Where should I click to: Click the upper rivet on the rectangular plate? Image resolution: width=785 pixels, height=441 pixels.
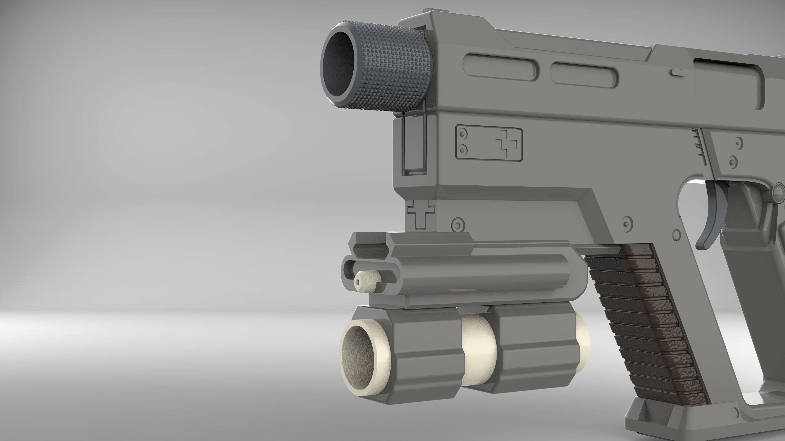pos(463,134)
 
